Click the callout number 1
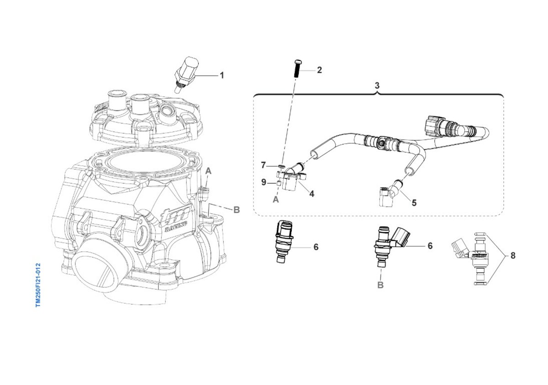click(x=222, y=75)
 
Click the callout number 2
click(x=319, y=70)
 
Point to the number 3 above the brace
click(x=377, y=85)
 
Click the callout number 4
click(x=311, y=194)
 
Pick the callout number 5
click(x=414, y=203)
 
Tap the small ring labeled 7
click(x=282, y=166)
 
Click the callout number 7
click(x=263, y=164)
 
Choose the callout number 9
click(x=263, y=182)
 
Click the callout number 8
click(x=513, y=256)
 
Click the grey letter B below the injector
click(x=380, y=286)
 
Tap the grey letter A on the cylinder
click(x=208, y=171)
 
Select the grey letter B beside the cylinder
click(x=236, y=210)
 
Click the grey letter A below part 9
click(x=276, y=199)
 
